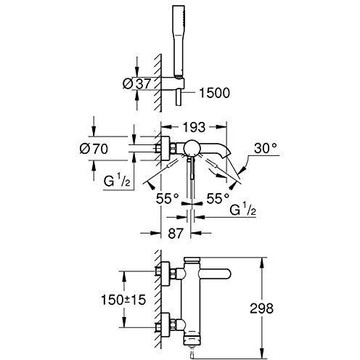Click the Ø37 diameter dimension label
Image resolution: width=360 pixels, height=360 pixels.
pyautogui.click(x=137, y=83)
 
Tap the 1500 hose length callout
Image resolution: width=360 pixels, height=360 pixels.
pyautogui.click(x=214, y=93)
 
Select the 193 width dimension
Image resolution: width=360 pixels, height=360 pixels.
pyautogui.click(x=194, y=127)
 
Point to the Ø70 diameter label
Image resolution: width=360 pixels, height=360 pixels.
pyautogui.click(x=94, y=149)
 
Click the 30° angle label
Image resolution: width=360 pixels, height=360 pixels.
pyautogui.click(x=266, y=148)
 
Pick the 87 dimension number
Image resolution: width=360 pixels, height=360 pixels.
pyautogui.click(x=175, y=234)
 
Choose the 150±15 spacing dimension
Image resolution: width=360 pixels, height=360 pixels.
pyautogui.click(x=123, y=300)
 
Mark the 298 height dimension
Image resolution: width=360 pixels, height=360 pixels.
pyautogui.click(x=261, y=308)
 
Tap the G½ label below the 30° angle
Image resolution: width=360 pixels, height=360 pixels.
pyautogui.click(x=242, y=209)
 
